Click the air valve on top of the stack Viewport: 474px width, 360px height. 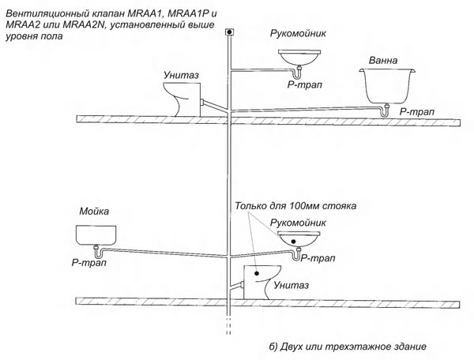(229, 32)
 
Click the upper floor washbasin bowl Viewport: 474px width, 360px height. (299, 58)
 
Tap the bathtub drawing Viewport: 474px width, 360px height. (387, 86)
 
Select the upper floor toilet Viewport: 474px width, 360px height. (182, 99)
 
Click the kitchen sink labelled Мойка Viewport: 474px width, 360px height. (96, 235)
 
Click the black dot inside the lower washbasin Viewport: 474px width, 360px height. (293, 241)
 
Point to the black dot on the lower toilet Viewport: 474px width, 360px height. (257, 273)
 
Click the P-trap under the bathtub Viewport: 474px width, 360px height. (385, 111)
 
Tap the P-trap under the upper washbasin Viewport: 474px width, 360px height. (298, 72)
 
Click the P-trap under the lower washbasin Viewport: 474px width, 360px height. (296, 253)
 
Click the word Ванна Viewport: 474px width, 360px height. (382, 61)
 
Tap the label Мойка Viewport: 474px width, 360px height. (94, 211)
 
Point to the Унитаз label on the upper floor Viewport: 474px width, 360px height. (181, 74)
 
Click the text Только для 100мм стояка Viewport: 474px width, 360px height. (295, 206)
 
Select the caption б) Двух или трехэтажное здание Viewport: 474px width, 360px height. (348, 347)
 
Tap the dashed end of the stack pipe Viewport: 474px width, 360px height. (229, 325)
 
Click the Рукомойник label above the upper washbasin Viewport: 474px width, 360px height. (298, 33)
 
